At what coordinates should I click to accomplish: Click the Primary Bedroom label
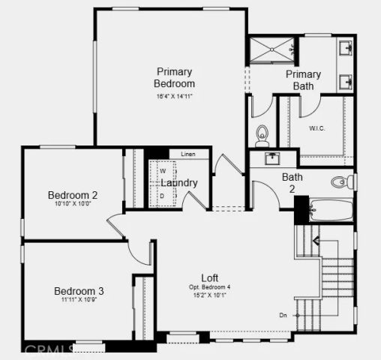coord(174,77)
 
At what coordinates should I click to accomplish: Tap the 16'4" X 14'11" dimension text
coord(174,96)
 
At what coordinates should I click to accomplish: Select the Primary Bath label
coord(303,80)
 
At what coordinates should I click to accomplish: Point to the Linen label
coord(187,154)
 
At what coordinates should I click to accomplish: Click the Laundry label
coord(179,182)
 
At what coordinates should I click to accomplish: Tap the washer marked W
coord(161,171)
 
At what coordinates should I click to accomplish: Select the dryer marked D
coord(161,196)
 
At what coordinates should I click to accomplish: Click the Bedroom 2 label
coord(73,195)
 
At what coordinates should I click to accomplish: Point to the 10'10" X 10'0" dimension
coord(73,205)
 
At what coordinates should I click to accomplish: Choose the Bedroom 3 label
coord(79,291)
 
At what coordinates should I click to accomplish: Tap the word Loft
coord(210,278)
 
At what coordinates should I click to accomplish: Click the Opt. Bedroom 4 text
coord(210,287)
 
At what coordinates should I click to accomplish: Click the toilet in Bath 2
coord(341,181)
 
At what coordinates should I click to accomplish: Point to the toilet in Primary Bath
coord(262,136)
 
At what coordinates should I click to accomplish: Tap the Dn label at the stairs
coord(283,315)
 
